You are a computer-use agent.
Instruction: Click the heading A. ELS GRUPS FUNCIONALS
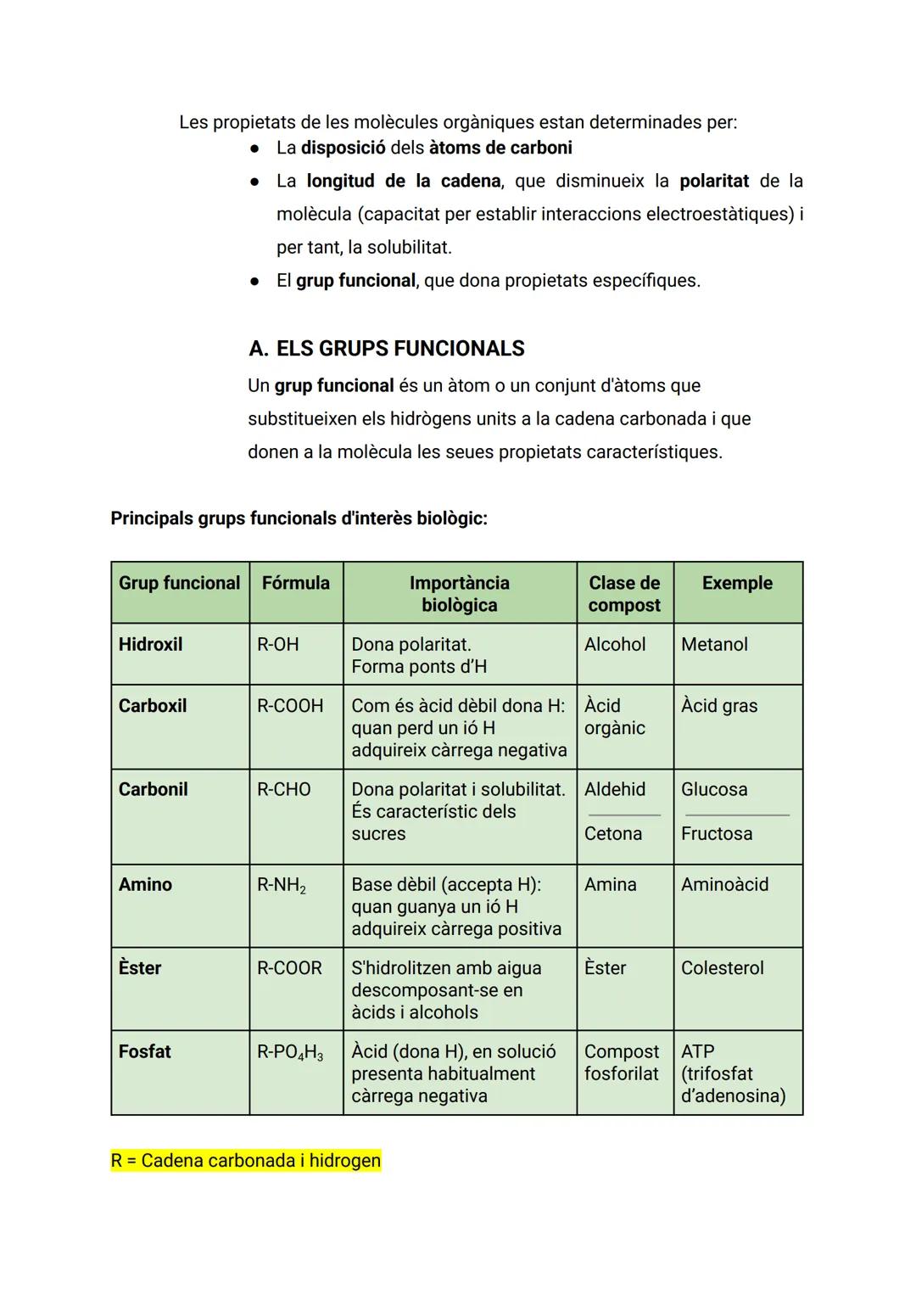(387, 349)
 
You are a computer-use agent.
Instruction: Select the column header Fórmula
(295, 583)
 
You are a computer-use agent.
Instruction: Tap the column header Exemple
(737, 583)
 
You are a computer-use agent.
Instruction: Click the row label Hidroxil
(150, 644)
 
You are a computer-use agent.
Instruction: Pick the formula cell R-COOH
(290, 706)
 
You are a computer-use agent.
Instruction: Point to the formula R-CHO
(284, 789)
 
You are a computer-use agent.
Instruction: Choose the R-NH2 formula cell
(282, 885)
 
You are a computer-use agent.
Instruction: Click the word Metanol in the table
(714, 644)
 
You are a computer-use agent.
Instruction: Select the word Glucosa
(714, 789)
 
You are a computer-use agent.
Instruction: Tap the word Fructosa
(717, 833)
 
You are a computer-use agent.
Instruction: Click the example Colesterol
(723, 968)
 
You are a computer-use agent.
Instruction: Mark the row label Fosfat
(145, 1051)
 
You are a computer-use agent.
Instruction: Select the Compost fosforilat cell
(622, 1062)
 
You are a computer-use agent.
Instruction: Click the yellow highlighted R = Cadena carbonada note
(246, 1161)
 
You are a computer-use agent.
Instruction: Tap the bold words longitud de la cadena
(404, 181)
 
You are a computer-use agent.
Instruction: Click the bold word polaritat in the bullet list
(714, 181)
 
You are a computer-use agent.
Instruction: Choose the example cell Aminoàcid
(725, 884)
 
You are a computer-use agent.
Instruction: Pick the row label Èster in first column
(140, 968)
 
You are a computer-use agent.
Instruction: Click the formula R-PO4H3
(290, 1052)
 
